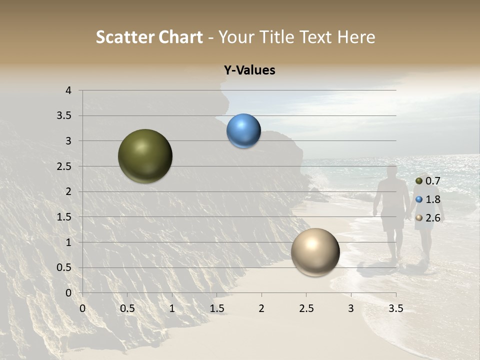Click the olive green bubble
point(145,156)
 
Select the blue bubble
point(243,131)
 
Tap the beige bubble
point(315,252)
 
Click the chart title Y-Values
point(249,70)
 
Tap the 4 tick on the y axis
point(68,90)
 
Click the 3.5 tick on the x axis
point(395,309)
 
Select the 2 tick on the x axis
point(261,309)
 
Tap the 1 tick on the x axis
point(172,309)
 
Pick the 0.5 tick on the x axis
point(127,309)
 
